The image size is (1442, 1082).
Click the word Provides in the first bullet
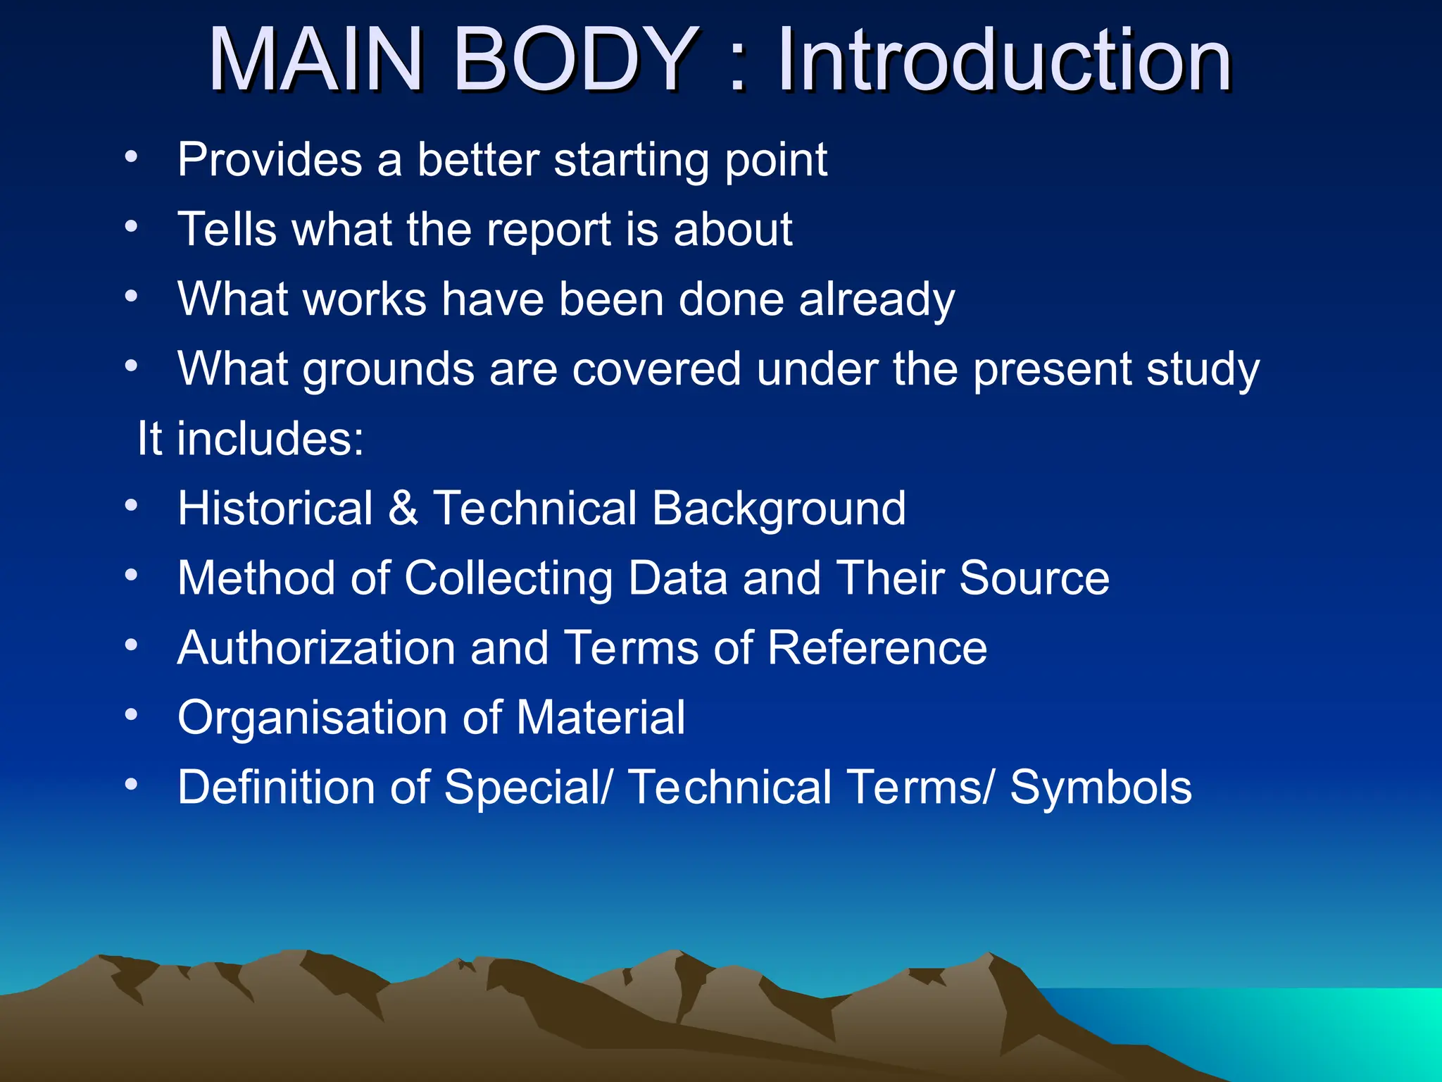point(270,160)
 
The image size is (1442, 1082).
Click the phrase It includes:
point(251,439)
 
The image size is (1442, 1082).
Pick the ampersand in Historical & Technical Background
point(403,509)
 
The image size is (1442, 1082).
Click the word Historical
point(275,509)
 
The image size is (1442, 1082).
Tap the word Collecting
point(508,578)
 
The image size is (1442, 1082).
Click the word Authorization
point(316,648)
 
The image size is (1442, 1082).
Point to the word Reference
point(877,648)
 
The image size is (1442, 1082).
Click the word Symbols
point(1101,788)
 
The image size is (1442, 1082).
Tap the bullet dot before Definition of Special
point(131,783)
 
